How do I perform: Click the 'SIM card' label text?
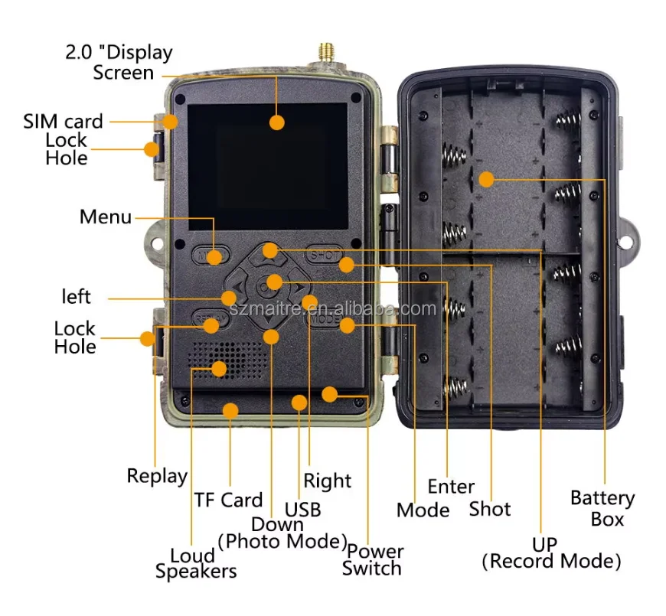pos(63,121)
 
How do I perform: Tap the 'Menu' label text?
pos(106,217)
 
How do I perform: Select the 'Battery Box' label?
pos(602,509)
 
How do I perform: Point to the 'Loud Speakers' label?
pos(195,562)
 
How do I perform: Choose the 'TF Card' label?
pos(228,500)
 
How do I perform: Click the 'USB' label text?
pos(302,509)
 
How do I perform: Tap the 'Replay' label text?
pos(157,476)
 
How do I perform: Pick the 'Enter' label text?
pos(451,487)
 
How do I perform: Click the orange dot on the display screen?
pos(276,122)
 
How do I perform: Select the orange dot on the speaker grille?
pos(220,368)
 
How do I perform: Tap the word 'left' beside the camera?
pos(76,296)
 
